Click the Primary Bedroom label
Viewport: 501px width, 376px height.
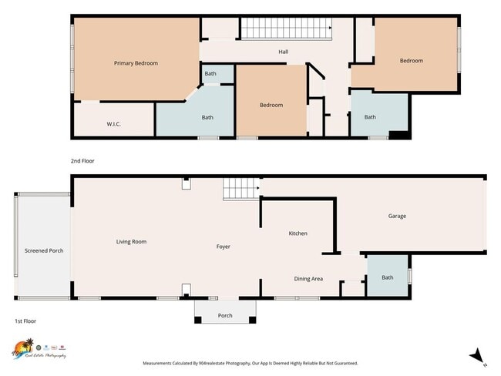pyautogui.click(x=136, y=63)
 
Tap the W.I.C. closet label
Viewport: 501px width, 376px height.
pyautogui.click(x=113, y=124)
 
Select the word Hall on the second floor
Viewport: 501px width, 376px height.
pyautogui.click(x=283, y=52)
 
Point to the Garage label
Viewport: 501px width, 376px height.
pyautogui.click(x=397, y=217)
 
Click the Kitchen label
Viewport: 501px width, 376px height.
pyautogui.click(x=298, y=233)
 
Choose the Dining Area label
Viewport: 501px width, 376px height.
pyautogui.click(x=308, y=278)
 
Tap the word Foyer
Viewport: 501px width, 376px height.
pyautogui.click(x=223, y=247)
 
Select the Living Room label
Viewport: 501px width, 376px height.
pyautogui.click(x=131, y=242)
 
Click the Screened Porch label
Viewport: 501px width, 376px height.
pyautogui.click(x=43, y=251)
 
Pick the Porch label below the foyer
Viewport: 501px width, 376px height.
pyautogui.click(x=225, y=315)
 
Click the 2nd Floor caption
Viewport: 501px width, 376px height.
pyautogui.click(x=82, y=161)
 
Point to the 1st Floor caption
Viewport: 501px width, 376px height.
pyautogui.click(x=25, y=321)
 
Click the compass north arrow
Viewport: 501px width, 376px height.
pyautogui.click(x=478, y=355)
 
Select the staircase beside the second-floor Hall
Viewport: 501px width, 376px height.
pyautogui.click(x=287, y=29)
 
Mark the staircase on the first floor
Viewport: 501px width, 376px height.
pyautogui.click(x=239, y=188)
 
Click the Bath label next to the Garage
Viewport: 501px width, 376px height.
pyautogui.click(x=387, y=277)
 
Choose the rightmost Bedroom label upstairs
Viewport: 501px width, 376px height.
pyautogui.click(x=411, y=61)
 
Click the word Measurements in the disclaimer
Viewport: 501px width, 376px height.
pyautogui.click(x=160, y=363)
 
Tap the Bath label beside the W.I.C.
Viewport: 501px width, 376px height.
pyautogui.click(x=207, y=118)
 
